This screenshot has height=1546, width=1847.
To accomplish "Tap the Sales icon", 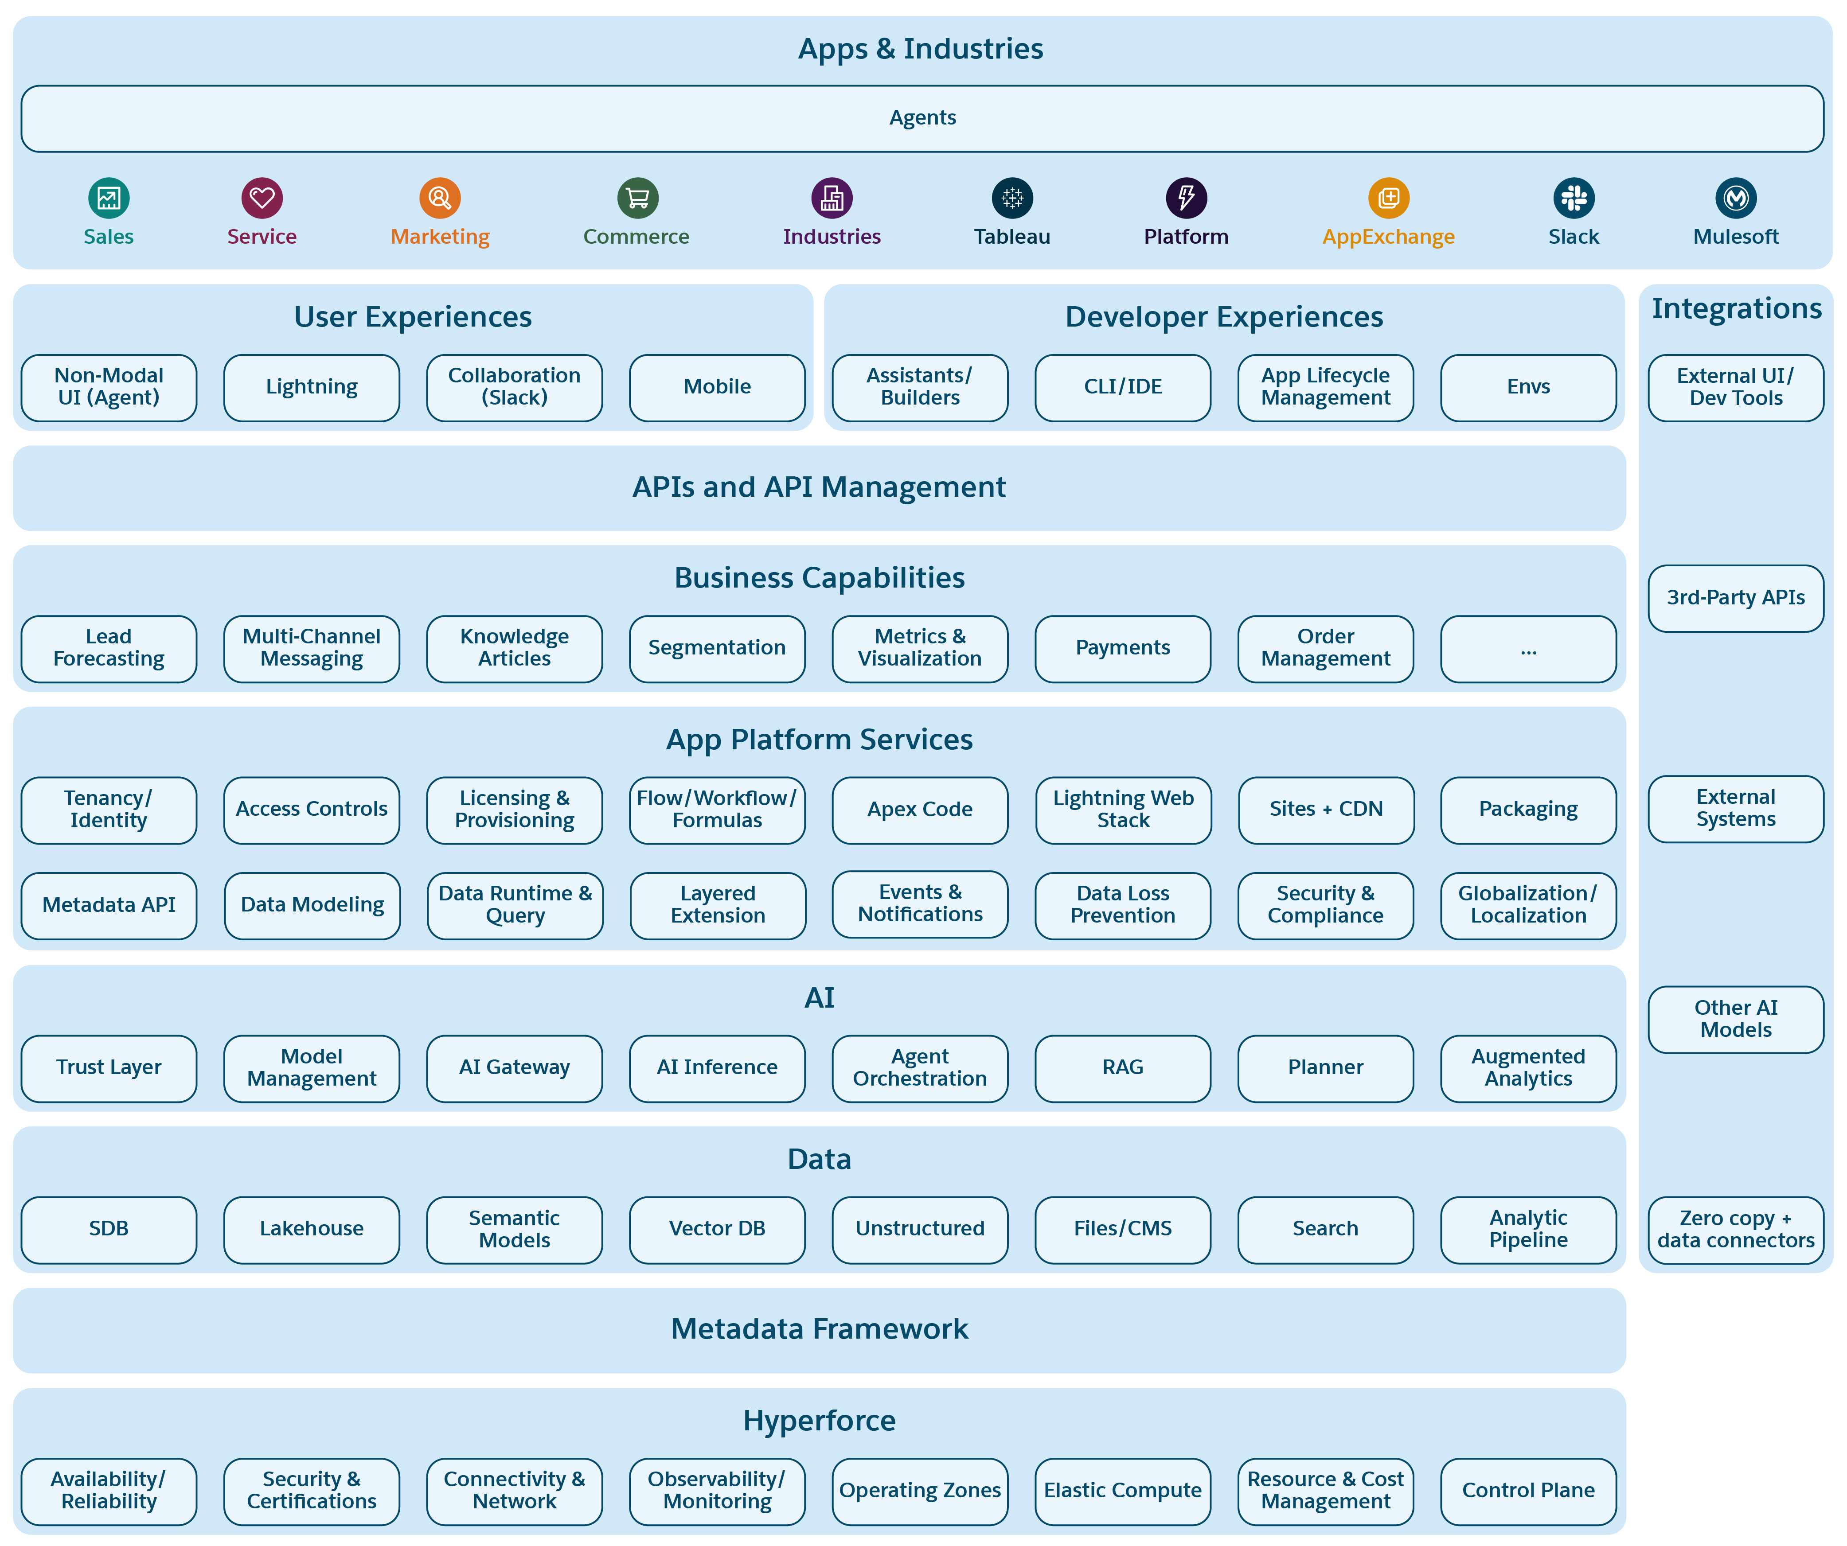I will (x=109, y=198).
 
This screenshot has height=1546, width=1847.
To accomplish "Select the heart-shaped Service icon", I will (x=262, y=198).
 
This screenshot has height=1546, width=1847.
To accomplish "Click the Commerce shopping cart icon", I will (x=638, y=198).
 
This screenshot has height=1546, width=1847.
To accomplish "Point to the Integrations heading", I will (x=1736, y=309).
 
